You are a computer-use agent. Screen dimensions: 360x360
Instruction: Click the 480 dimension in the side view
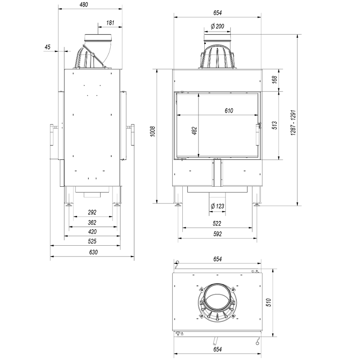pyautogui.click(x=84, y=4)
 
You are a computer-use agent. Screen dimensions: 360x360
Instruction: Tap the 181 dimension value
pyautogui.click(x=110, y=23)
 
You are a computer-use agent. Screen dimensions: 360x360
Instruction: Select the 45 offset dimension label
pyautogui.click(x=47, y=47)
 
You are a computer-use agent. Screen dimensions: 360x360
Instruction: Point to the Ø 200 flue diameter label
pyautogui.click(x=217, y=26)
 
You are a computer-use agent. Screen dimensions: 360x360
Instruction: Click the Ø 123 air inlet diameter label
pyautogui.click(x=217, y=206)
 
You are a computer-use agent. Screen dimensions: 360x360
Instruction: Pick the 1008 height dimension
pyautogui.click(x=153, y=131)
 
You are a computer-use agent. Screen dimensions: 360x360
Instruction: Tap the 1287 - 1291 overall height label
pyautogui.click(x=293, y=122)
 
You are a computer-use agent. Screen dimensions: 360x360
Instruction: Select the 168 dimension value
pyautogui.click(x=274, y=80)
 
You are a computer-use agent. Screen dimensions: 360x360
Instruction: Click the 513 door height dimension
pyautogui.click(x=274, y=126)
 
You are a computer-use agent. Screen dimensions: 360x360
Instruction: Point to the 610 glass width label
pyautogui.click(x=229, y=111)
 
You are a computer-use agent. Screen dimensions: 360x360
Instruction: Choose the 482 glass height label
pyautogui.click(x=194, y=131)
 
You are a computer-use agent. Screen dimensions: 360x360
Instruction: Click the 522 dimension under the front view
pyautogui.click(x=217, y=223)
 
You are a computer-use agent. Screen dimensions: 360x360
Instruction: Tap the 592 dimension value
pyautogui.click(x=217, y=234)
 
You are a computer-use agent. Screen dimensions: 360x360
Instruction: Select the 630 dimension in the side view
pyautogui.click(x=94, y=252)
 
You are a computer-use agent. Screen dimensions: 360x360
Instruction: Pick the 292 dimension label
pyautogui.click(x=92, y=212)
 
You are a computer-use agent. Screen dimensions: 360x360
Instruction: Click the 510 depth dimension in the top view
pyautogui.click(x=269, y=302)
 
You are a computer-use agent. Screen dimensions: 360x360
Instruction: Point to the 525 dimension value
pyautogui.click(x=92, y=241)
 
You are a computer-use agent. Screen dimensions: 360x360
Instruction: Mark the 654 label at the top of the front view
pyautogui.click(x=217, y=13)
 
